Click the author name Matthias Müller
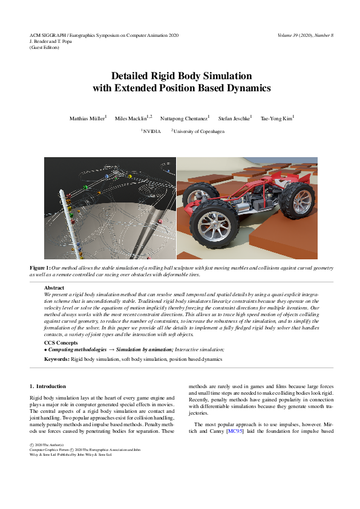87,118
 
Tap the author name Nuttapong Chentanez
184,118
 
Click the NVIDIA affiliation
152,131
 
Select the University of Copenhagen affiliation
197,131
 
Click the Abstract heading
54,288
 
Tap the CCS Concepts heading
60,343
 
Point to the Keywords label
57,359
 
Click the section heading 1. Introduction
48,386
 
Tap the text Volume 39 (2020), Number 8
306,36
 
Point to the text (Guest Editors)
44,47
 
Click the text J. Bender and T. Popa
53,41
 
